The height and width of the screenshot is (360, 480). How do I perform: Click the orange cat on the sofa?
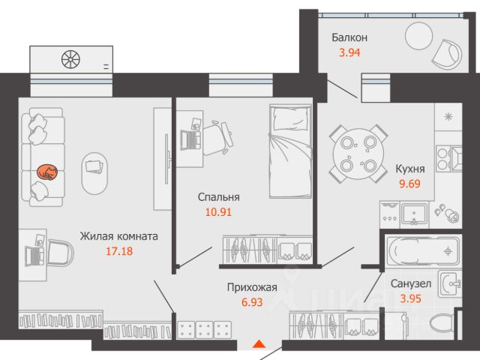pos(47,172)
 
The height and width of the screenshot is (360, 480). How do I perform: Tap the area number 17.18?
pos(119,251)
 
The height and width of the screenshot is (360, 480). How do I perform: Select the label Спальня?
pos(218,197)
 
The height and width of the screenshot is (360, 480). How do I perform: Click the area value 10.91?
pos(218,211)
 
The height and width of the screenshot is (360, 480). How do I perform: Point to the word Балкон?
pos(349,37)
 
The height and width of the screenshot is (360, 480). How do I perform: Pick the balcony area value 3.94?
pos(349,52)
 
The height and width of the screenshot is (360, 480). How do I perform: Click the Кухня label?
pos(410,169)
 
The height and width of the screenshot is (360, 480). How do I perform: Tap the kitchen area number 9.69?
pos(409,184)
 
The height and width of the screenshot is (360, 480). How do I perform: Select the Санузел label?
pos(411,283)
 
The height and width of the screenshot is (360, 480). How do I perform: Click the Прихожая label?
pos(252,287)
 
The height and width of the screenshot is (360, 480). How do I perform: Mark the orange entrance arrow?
pos(259,344)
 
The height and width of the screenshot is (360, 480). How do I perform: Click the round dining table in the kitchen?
pos(358,154)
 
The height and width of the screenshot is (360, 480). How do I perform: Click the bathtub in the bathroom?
pos(423,251)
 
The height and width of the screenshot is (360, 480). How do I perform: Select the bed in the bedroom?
pos(290,151)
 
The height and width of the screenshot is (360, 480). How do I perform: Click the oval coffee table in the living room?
pos(94,173)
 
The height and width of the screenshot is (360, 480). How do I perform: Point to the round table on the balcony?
pos(418,36)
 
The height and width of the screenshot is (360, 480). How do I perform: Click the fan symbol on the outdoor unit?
pos(70,59)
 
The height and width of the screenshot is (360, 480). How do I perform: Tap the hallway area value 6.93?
pos(252,302)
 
